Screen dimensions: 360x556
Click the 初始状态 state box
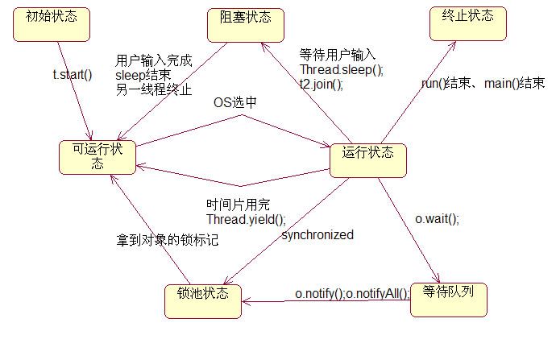point(51,23)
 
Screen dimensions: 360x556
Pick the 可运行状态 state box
point(98,156)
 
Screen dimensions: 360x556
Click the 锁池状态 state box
point(202,303)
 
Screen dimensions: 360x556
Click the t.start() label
point(72,77)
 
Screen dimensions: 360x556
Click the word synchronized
point(317,234)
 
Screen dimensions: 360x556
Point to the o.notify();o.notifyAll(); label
point(352,293)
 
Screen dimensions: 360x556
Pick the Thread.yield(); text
point(246,218)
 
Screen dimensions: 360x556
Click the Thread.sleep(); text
point(342,69)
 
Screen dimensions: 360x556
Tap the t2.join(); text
point(322,83)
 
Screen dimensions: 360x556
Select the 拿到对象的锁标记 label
point(166,239)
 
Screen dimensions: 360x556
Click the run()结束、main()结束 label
point(483,84)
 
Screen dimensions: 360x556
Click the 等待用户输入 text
point(338,56)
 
